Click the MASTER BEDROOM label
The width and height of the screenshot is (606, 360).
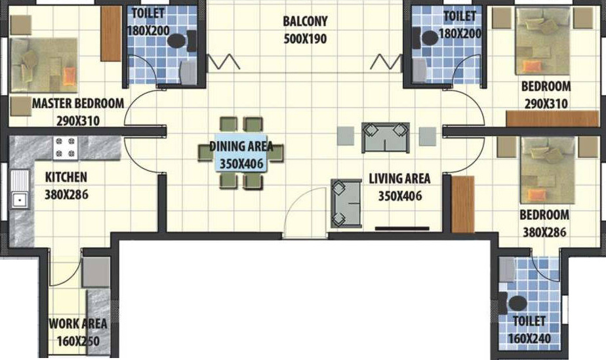pyautogui.click(x=78, y=104)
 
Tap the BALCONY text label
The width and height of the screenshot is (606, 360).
pyautogui.click(x=306, y=22)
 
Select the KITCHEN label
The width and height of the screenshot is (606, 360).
pyautogui.click(x=66, y=177)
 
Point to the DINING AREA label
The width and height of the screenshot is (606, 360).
pyautogui.click(x=241, y=147)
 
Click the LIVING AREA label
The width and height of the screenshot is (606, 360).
pyautogui.click(x=399, y=178)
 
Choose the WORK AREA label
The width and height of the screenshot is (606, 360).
pyautogui.click(x=77, y=324)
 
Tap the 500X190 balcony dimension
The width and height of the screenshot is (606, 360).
pyautogui.click(x=305, y=39)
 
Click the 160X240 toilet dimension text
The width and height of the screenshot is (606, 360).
pyautogui.click(x=529, y=339)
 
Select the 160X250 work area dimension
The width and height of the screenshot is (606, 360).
pyautogui.click(x=77, y=340)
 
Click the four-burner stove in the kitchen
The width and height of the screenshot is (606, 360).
pyautogui.click(x=66, y=148)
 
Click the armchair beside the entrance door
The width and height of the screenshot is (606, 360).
pyautogui.click(x=346, y=202)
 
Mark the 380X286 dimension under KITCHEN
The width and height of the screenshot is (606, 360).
pyautogui.click(x=66, y=195)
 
